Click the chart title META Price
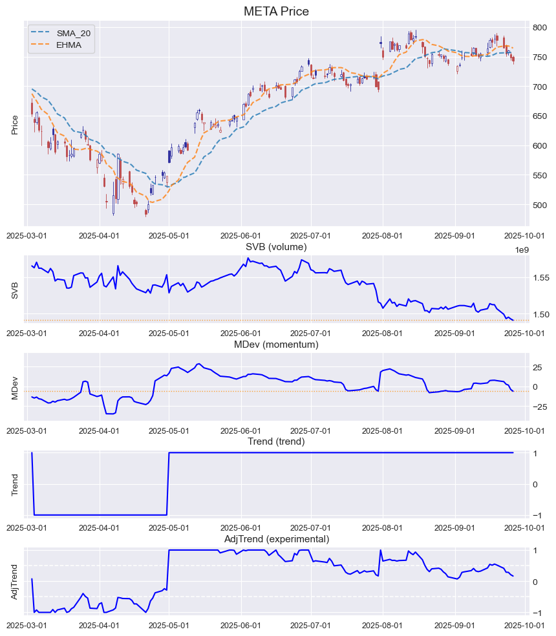(x=276, y=12)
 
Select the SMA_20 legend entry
(x=70, y=33)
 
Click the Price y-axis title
(x=15, y=124)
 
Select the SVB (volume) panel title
(x=276, y=246)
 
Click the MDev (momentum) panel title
(x=276, y=344)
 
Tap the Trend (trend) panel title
(x=276, y=441)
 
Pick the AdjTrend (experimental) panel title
(x=276, y=539)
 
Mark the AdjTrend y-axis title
(x=15, y=582)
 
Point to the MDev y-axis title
(x=15, y=387)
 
